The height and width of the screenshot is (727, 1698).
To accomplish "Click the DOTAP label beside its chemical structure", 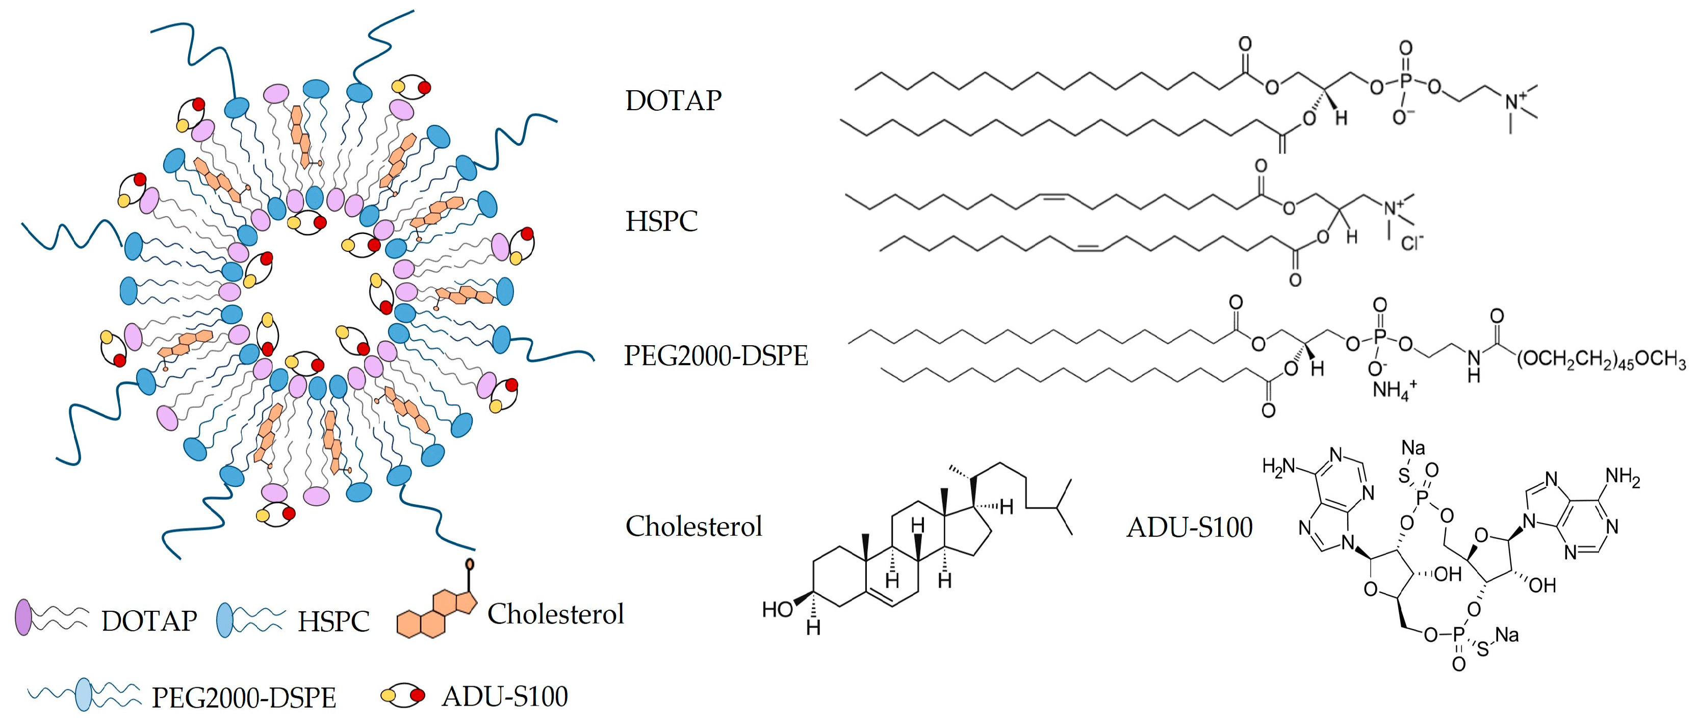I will pos(673,101).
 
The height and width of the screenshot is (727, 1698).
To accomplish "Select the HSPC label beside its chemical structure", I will pos(661,221).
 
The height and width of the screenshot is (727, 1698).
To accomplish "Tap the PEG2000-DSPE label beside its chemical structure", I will pos(716,356).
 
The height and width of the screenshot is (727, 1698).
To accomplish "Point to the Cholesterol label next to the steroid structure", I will pos(693,527).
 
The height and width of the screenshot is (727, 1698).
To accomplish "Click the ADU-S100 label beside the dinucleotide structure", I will pos(1189,527).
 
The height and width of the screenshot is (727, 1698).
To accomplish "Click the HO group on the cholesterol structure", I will pos(777,609).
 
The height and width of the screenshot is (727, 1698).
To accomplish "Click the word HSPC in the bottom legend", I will pos(333,621).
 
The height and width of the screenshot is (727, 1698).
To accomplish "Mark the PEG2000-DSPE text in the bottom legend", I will pos(244,698).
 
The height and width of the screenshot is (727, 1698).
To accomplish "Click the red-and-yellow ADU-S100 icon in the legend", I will pos(403,695).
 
